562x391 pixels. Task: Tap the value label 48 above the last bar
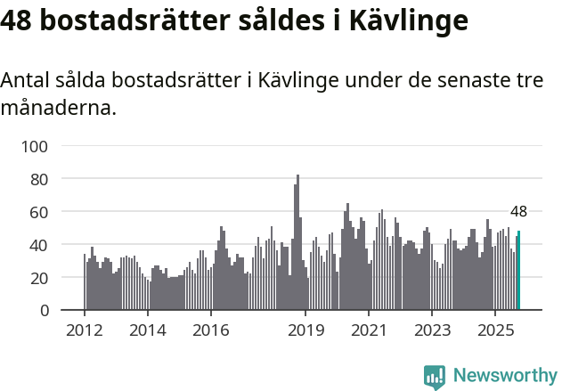click(x=518, y=212)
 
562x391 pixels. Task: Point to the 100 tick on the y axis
click(x=37, y=146)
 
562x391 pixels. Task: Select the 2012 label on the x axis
click(x=85, y=331)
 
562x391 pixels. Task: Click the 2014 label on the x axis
click(x=148, y=331)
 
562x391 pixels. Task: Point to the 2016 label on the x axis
click(x=211, y=331)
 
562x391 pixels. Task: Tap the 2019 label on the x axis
click(x=305, y=331)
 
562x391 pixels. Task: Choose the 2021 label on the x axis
click(x=369, y=331)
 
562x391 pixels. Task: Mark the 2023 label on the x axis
click(x=432, y=331)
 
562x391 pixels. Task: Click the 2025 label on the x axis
click(x=495, y=331)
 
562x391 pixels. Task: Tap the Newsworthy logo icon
click(x=435, y=377)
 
